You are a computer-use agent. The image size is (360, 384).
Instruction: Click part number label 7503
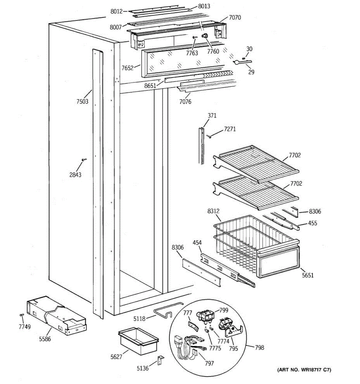pos(82,102)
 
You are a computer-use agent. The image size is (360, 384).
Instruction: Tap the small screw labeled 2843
pos(84,159)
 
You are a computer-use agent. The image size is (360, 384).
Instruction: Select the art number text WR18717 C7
pos(304,370)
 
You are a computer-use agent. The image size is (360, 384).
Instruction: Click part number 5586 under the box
pos(45,339)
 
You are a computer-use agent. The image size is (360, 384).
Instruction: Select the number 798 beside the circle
pos(260,348)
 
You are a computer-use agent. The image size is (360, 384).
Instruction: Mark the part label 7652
pos(128,68)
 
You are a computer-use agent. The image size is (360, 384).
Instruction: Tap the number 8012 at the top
pos(116,12)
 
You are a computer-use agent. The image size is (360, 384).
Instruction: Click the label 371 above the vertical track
pos(212,116)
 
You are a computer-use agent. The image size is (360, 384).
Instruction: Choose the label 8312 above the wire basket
pos(213,211)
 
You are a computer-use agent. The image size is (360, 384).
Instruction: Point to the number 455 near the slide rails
pos(312,223)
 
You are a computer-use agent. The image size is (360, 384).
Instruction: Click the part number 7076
pos(185,102)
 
